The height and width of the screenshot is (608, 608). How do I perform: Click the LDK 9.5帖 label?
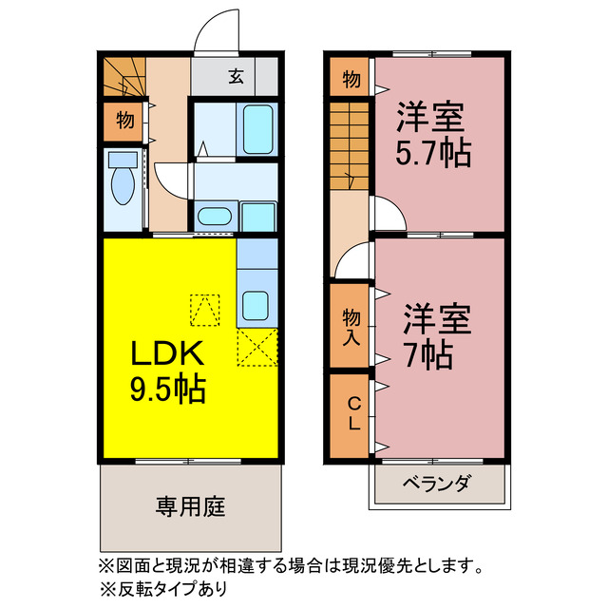click(x=167, y=370)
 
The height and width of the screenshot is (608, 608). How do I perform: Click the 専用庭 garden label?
click(x=190, y=506)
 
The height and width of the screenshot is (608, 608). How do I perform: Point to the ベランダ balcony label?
click(x=436, y=484)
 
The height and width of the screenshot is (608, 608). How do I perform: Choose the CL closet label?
click(x=350, y=413)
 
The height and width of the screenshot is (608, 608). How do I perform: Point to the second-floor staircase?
click(x=348, y=142)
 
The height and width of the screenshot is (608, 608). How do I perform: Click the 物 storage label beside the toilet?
click(x=123, y=121)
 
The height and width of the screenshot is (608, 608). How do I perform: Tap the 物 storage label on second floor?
click(x=350, y=80)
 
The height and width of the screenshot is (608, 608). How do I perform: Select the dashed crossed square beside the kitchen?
click(x=256, y=347)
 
